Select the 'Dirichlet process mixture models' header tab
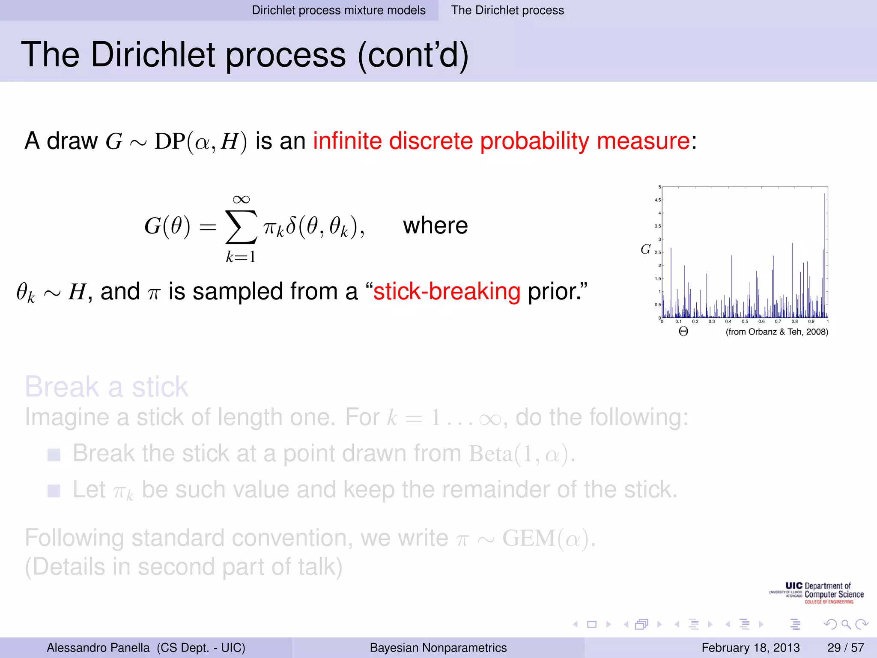338,10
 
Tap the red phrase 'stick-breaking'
447,292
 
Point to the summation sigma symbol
241,227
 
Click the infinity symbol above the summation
241,199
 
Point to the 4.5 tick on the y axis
657,200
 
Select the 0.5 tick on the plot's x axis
745,321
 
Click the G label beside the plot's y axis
645,249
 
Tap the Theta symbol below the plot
683,332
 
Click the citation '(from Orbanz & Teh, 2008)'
776,332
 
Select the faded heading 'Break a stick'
106,387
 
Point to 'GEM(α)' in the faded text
548,538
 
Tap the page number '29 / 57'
845,647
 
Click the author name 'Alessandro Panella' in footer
98,647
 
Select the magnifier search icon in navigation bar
846,624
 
